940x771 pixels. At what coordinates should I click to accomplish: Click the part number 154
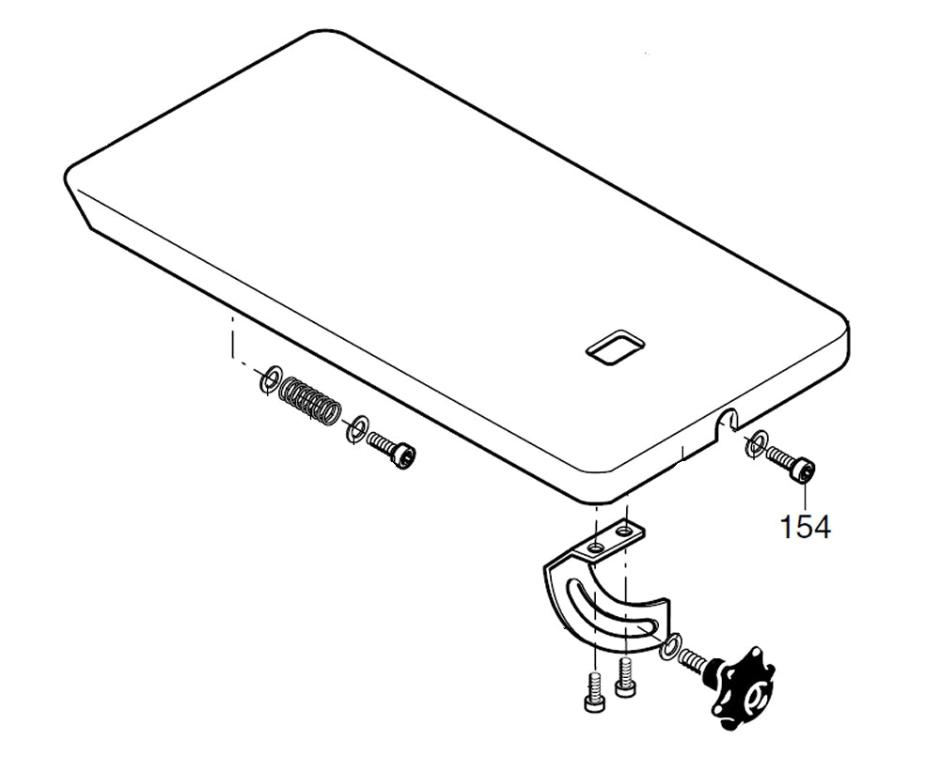806,527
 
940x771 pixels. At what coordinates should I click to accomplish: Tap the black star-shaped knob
742,688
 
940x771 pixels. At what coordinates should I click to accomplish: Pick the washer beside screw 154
755,442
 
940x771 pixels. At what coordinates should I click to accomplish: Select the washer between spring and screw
356,428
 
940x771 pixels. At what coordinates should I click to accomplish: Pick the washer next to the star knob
669,646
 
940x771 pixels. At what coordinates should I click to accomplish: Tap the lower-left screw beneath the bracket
593,691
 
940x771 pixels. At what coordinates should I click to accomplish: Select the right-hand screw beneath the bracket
625,677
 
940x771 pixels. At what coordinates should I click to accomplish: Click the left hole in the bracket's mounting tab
595,547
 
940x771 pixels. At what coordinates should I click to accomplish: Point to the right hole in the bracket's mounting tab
625,531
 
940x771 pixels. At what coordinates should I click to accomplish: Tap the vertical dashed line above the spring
230,337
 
